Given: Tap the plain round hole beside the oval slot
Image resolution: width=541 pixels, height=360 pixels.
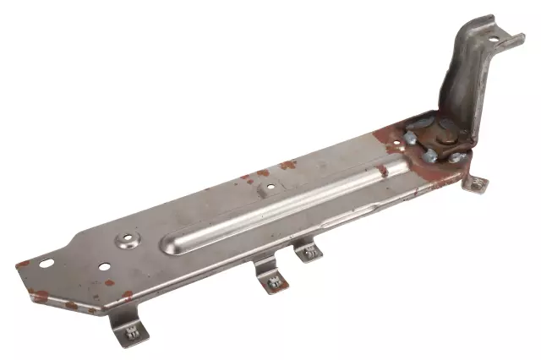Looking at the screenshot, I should [104, 267].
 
